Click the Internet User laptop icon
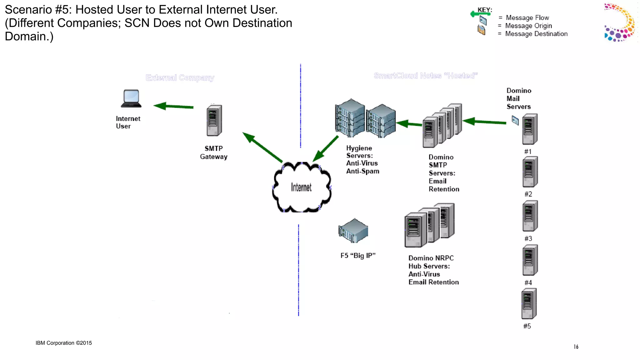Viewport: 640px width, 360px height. tap(131, 98)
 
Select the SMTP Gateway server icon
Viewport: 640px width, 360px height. tap(214, 121)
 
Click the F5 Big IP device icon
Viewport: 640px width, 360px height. tap(353, 231)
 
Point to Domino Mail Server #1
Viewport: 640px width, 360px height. tap(530, 129)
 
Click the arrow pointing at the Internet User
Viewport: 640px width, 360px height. tap(173, 106)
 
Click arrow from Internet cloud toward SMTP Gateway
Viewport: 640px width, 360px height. tap(262, 147)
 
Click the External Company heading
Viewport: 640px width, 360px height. tap(180, 77)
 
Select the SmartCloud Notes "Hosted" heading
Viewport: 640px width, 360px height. tap(425, 76)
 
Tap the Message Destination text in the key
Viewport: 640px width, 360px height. tap(536, 34)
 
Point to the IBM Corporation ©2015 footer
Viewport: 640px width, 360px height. tap(64, 343)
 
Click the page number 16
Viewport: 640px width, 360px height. tap(576, 347)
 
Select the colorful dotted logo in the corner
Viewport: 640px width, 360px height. tap(620, 22)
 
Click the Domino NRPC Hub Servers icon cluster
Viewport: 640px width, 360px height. tap(429, 225)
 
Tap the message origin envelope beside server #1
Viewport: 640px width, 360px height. tap(515, 120)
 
